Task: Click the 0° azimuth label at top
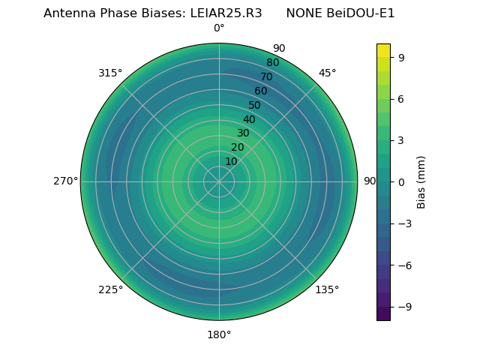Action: [x=219, y=28]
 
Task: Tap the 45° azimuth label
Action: [x=327, y=73]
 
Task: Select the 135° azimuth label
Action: [x=327, y=289]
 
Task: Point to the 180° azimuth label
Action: [x=219, y=334]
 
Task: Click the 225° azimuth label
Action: [x=110, y=289]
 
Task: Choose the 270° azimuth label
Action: [x=65, y=181]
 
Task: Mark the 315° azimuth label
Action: [x=110, y=73]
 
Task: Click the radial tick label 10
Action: [x=231, y=161]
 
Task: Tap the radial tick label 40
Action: [x=249, y=119]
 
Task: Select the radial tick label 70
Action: [x=266, y=77]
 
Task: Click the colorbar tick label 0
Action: [x=402, y=181]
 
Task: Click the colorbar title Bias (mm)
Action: [x=421, y=181]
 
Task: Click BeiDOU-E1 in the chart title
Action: [x=361, y=13]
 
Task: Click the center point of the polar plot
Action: [x=219, y=181]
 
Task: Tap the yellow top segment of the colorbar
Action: [x=383, y=49]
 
